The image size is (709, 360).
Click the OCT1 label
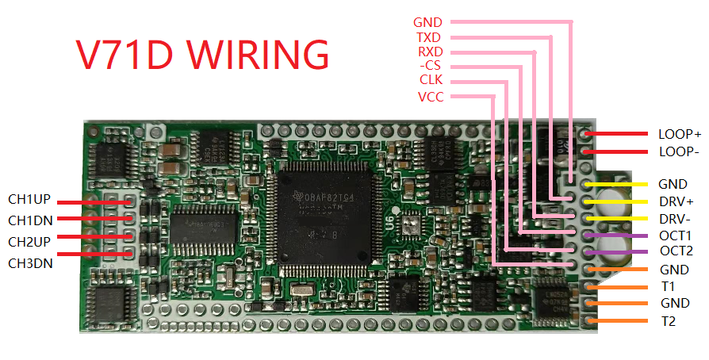pyautogui.click(x=675, y=236)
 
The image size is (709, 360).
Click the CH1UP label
pyautogui.click(x=30, y=199)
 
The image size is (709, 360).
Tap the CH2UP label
pyautogui.click(x=30, y=241)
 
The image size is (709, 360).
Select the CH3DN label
pyautogui.click(x=30, y=262)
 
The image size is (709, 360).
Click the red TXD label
pyautogui.click(x=428, y=37)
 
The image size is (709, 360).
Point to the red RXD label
pyautogui.click(x=429, y=52)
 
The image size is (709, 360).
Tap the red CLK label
pyautogui.click(x=431, y=80)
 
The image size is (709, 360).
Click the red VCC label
pyautogui.click(x=431, y=97)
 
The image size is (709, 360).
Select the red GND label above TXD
pyautogui.click(x=428, y=22)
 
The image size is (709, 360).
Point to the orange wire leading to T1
pyautogui.click(x=623, y=286)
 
